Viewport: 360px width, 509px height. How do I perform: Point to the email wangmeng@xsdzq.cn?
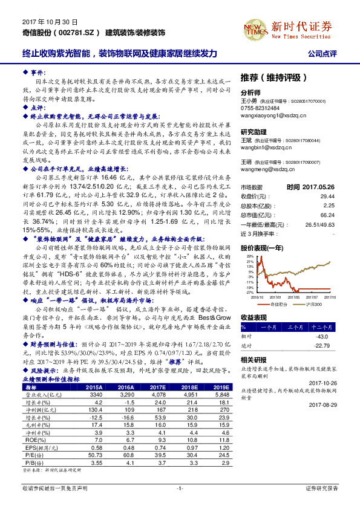(263, 170)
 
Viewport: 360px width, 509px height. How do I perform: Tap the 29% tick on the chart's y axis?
(248, 241)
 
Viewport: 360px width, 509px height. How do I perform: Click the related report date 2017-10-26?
(322, 382)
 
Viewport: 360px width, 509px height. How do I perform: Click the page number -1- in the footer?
(180, 487)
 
